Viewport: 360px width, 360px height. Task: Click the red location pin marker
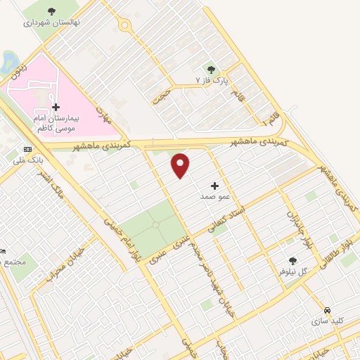point(181,165)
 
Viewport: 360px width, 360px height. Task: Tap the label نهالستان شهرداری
point(52,22)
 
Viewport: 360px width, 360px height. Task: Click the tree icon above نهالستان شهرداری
point(52,11)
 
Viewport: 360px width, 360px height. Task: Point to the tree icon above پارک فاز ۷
point(212,70)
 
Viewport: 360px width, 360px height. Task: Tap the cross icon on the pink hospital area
point(56,106)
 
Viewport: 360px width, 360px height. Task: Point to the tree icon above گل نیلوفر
point(293,261)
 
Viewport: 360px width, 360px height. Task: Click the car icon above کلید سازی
point(328,310)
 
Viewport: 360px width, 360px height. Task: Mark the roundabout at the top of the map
point(125,26)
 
